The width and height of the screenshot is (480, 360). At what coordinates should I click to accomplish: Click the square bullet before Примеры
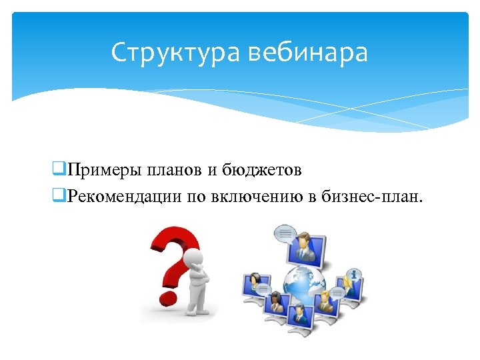pos(58,170)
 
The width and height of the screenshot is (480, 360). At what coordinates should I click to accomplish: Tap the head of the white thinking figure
pos(194,257)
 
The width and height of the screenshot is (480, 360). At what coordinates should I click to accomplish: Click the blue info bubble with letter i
pos(354,274)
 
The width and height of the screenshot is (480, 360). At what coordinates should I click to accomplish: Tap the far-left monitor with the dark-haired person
pos(256,287)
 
